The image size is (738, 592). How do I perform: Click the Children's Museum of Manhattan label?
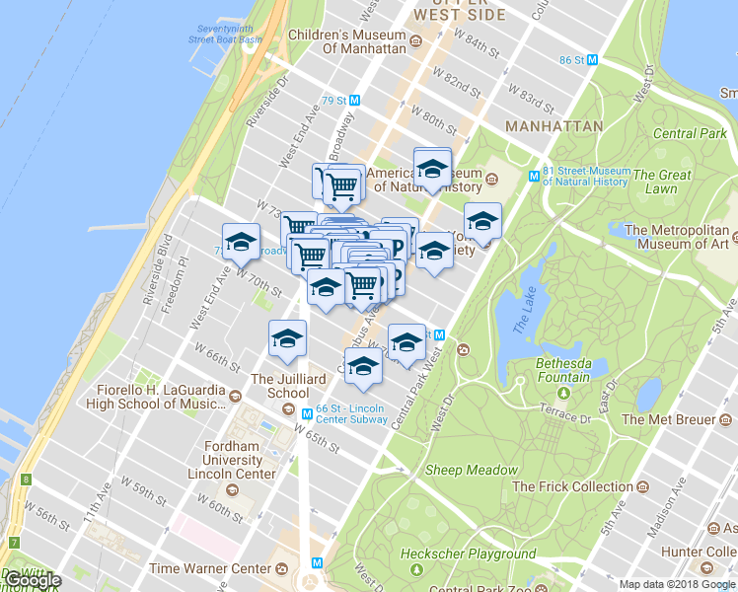346,41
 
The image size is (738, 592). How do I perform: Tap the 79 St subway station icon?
355,101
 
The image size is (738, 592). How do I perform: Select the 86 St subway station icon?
592,59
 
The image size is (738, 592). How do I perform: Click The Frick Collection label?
572,486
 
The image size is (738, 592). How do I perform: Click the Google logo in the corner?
32,580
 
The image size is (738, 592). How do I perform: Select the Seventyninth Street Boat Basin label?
227,35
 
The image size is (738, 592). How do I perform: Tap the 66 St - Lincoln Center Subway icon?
308,412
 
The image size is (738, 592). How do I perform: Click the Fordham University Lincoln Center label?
232,460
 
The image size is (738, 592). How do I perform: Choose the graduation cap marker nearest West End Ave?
241,242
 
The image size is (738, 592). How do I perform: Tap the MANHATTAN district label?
553,127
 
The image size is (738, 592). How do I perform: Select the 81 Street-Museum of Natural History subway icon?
534,176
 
